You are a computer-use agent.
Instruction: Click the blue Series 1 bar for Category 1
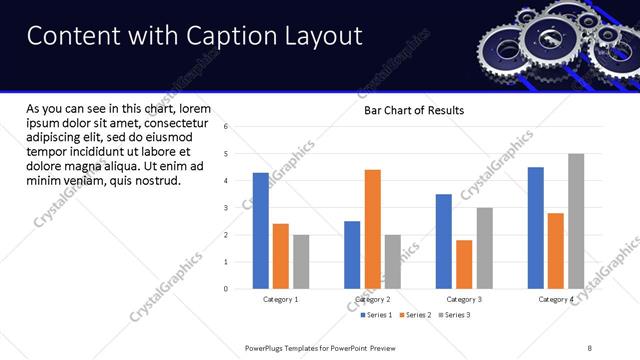[261, 231]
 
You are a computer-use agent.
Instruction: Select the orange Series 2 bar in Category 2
[372, 229]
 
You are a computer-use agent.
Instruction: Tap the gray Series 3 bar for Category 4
[576, 221]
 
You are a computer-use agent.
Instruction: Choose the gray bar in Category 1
[301, 262]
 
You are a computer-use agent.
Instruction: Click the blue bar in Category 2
[352, 255]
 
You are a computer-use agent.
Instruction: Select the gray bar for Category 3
[484, 248]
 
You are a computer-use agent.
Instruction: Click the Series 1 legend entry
[378, 315]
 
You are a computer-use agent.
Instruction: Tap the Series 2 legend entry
[416, 315]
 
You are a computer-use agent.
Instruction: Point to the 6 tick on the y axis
[226, 127]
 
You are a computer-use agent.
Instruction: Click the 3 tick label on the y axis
[226, 208]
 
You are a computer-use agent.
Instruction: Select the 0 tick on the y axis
[226, 289]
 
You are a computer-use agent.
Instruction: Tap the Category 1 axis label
[281, 299]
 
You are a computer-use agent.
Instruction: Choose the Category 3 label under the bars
[464, 299]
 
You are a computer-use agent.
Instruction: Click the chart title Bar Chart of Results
[414, 110]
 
